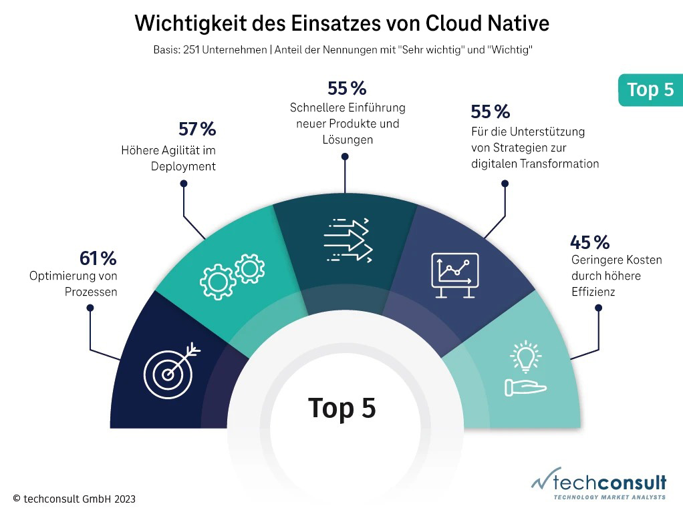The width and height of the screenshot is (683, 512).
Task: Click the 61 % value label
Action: coord(98,258)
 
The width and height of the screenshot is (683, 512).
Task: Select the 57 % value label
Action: coord(197,129)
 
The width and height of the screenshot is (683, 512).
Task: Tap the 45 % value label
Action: coord(589,242)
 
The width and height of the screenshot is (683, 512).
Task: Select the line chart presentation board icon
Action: coord(454,274)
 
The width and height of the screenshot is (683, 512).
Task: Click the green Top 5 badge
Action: coord(650,89)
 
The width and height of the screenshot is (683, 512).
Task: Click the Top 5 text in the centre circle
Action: coord(341,408)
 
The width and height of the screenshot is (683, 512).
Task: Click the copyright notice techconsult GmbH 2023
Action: coord(74,498)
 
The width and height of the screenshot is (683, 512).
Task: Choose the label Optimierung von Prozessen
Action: coord(74,283)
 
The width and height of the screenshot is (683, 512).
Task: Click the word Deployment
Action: coord(183,166)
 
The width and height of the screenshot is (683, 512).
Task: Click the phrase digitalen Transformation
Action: coord(535,164)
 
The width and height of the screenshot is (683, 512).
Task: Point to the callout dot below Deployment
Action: coord(184,183)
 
